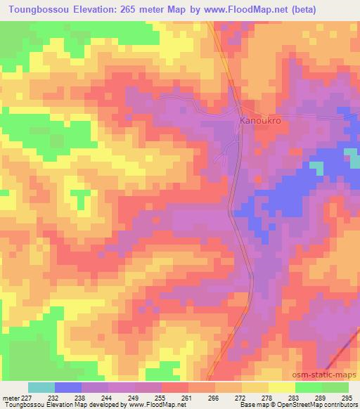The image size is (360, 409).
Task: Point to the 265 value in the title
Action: (x=128, y=9)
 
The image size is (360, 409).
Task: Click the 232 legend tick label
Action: (x=54, y=398)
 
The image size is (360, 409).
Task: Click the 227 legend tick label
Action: (x=26, y=398)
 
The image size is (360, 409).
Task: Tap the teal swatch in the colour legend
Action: (x=41, y=388)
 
